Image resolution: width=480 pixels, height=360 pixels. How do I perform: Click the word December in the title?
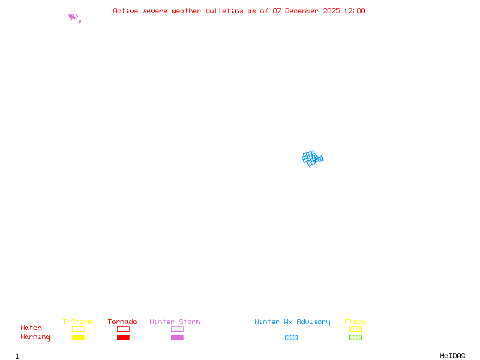(302, 11)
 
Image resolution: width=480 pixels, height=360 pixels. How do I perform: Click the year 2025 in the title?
(331, 11)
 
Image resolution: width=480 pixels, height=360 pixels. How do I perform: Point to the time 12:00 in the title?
(355, 11)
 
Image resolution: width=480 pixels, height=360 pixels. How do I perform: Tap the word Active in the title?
(125, 11)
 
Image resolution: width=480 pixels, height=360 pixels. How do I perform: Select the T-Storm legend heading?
(77, 322)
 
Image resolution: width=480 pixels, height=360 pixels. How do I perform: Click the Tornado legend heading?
(122, 322)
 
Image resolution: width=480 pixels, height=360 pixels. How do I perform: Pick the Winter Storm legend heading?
(175, 322)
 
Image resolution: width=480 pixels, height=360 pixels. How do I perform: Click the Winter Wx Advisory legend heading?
(292, 322)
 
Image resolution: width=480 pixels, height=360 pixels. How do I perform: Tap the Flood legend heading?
(355, 322)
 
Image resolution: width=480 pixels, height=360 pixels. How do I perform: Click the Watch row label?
(31, 328)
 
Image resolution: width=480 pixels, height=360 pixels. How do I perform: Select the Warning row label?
(35, 337)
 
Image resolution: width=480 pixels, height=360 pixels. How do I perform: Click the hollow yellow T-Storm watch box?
(79, 329)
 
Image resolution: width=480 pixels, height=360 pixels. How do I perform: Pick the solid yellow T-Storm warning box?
(79, 337)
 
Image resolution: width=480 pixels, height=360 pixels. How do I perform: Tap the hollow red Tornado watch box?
(124, 329)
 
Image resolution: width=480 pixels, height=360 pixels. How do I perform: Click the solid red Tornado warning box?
(124, 337)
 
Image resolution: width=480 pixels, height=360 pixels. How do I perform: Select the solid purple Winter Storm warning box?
(177, 337)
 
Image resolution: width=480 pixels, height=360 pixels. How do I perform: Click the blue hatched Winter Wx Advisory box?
(291, 337)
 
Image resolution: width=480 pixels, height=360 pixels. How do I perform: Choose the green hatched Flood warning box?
(355, 337)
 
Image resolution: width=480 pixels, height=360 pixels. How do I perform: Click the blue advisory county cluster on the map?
(312, 158)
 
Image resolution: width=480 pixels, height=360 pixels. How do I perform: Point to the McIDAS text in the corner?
(452, 356)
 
